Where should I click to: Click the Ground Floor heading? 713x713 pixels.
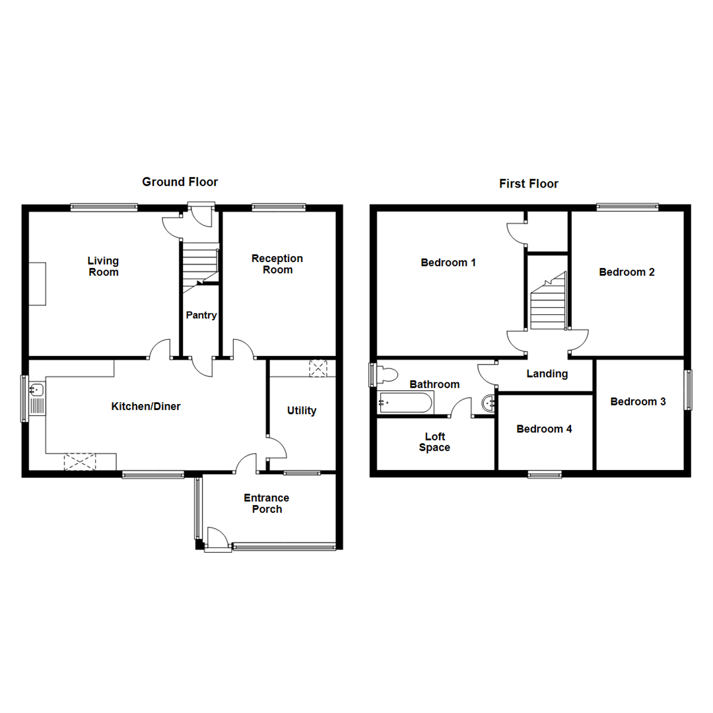click(x=180, y=182)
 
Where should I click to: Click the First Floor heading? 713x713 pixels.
click(x=528, y=184)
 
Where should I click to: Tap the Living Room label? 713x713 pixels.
click(x=103, y=266)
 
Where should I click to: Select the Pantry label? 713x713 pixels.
click(x=201, y=316)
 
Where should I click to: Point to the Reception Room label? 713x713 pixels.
click(x=277, y=264)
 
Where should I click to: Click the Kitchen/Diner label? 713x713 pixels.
click(x=145, y=407)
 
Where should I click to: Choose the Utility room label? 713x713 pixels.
click(x=302, y=411)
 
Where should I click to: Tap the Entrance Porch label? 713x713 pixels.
click(x=267, y=504)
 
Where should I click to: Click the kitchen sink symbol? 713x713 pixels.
click(x=36, y=397)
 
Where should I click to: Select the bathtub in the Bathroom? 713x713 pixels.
click(x=405, y=401)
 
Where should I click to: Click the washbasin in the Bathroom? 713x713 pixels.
click(x=489, y=402)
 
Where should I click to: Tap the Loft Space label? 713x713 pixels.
click(x=434, y=442)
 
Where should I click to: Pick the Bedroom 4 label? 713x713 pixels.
click(x=544, y=429)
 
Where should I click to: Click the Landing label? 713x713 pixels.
click(x=547, y=374)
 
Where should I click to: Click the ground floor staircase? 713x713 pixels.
click(x=199, y=263)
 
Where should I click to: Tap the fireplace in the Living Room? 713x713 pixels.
click(x=37, y=284)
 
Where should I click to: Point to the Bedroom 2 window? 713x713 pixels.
click(x=627, y=207)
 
